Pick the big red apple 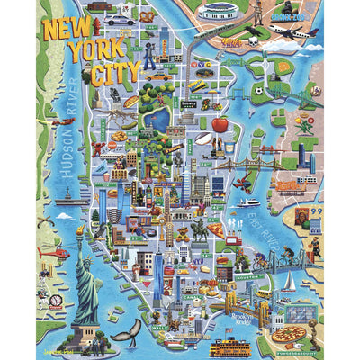click(219, 124)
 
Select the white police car click(122, 19)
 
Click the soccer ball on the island click(257, 90)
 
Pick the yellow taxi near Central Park click(160, 77)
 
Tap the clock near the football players click(57, 301)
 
